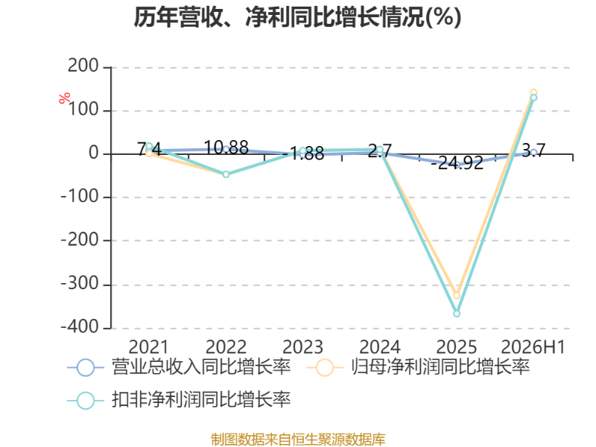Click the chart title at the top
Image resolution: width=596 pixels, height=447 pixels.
pos(297,17)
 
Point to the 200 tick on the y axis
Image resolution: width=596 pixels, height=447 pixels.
pos(83,66)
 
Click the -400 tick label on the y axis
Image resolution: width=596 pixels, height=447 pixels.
pos(80,327)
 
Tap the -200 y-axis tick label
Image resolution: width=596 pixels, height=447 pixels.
pos(80,240)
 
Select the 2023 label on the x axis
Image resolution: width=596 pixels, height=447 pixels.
pos(302,347)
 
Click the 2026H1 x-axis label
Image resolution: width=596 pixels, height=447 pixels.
pos(533,347)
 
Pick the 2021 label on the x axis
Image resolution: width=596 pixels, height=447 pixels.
pos(148,347)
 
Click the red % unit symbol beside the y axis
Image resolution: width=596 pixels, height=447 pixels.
pos(65,98)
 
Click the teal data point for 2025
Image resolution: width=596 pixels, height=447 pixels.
pos(457,313)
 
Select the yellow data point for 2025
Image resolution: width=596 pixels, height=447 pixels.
pos(457,295)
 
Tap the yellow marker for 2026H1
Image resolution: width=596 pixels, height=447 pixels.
pos(533,92)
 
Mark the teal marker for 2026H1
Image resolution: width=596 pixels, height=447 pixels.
pos(533,98)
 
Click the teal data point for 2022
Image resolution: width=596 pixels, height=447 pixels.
pos(226,174)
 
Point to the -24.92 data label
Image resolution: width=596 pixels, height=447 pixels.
pos(457,163)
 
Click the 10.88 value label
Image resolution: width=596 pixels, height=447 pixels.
pos(226,148)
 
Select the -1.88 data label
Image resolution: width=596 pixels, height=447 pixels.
pos(303,154)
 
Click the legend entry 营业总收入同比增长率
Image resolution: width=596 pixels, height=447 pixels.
pos(179,367)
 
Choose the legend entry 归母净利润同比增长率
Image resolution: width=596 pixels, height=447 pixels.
pos(418,367)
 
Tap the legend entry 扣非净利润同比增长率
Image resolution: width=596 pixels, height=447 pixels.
pos(179,400)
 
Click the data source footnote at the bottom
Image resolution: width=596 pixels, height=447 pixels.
pos(298,440)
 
